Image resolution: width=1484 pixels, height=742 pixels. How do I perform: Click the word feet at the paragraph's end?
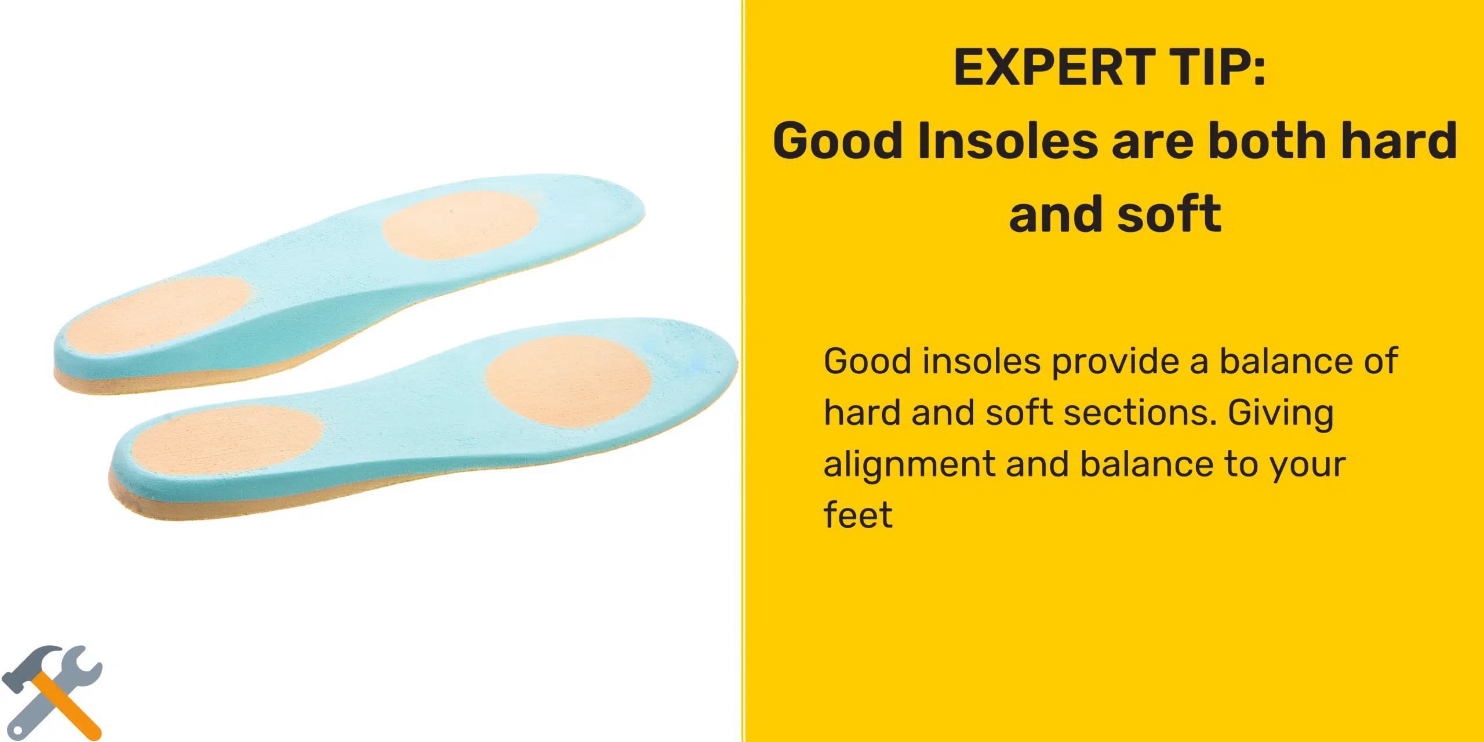click(858, 515)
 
